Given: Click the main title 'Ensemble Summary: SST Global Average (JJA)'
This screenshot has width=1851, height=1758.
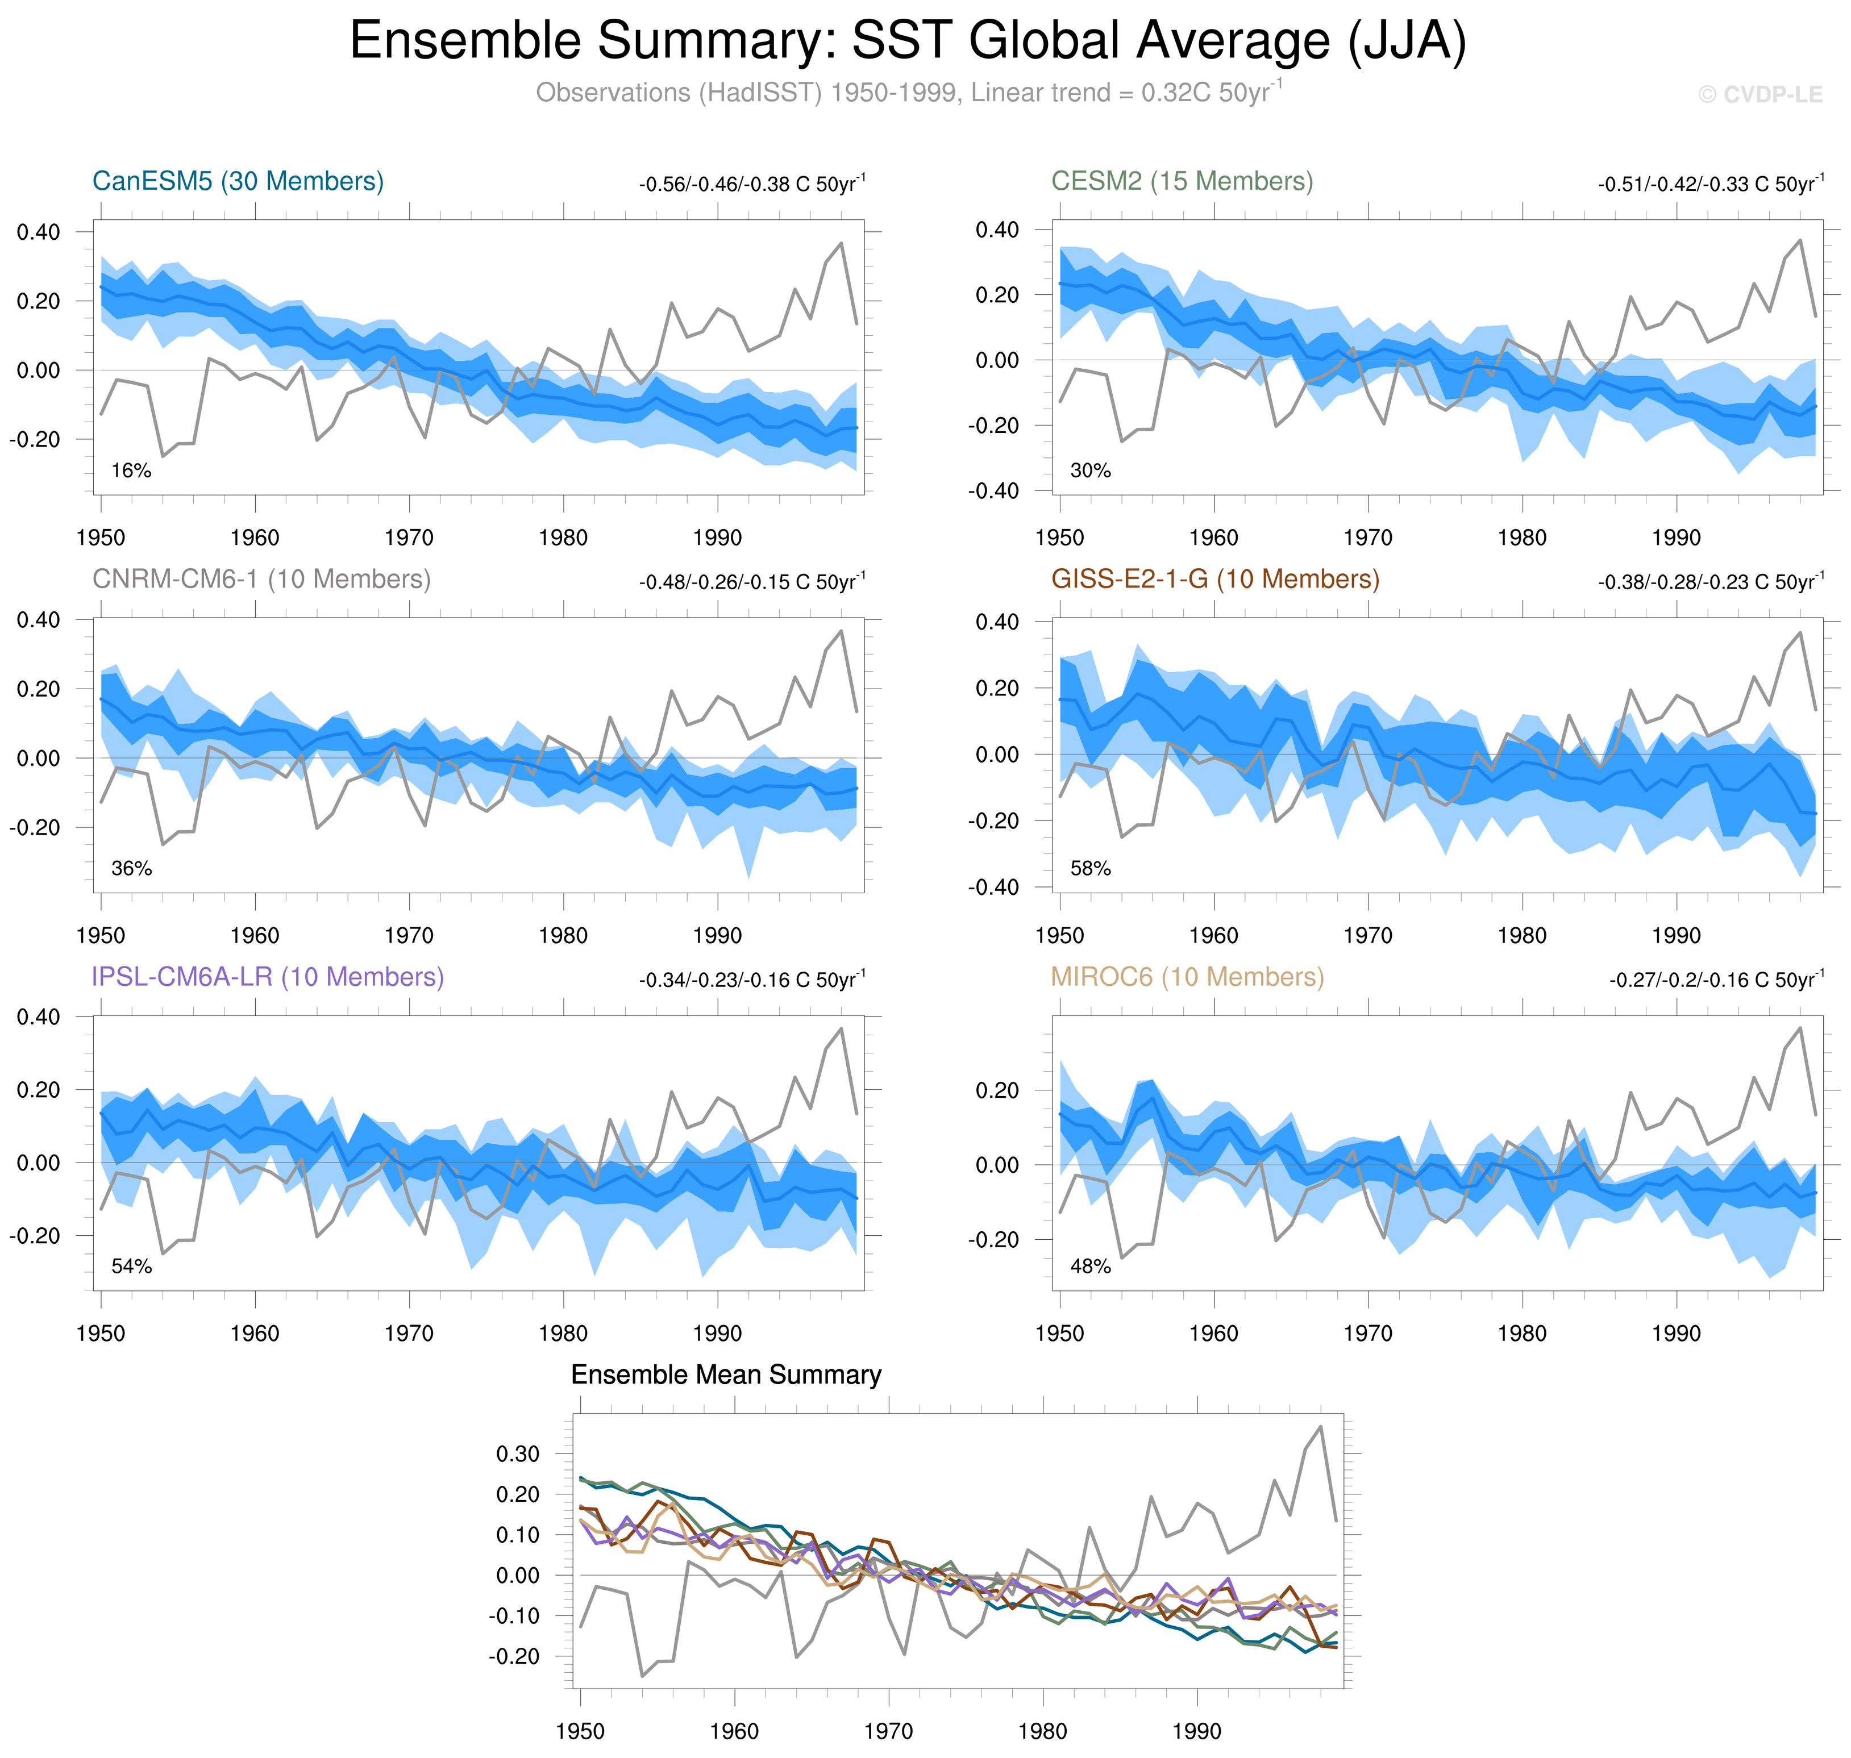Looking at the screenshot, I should click(x=907, y=41).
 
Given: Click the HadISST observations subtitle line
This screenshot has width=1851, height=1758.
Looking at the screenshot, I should click(x=907, y=93).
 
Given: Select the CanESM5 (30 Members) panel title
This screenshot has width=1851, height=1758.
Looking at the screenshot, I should click(x=238, y=181).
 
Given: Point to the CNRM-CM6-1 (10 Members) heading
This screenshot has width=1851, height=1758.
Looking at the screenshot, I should click(x=261, y=579).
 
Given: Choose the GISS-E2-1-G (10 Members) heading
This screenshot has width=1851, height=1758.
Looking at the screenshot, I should click(x=1214, y=579).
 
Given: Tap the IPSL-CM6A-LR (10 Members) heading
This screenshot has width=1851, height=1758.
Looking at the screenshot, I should click(x=267, y=977).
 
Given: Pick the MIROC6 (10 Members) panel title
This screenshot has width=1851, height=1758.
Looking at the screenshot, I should click(x=1187, y=977).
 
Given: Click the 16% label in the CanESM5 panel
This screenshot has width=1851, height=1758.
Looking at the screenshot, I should click(x=131, y=470).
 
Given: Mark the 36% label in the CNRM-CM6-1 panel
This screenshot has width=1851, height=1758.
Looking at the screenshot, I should click(x=131, y=869).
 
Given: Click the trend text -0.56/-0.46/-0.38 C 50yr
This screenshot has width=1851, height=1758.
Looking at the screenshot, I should click(x=752, y=184).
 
